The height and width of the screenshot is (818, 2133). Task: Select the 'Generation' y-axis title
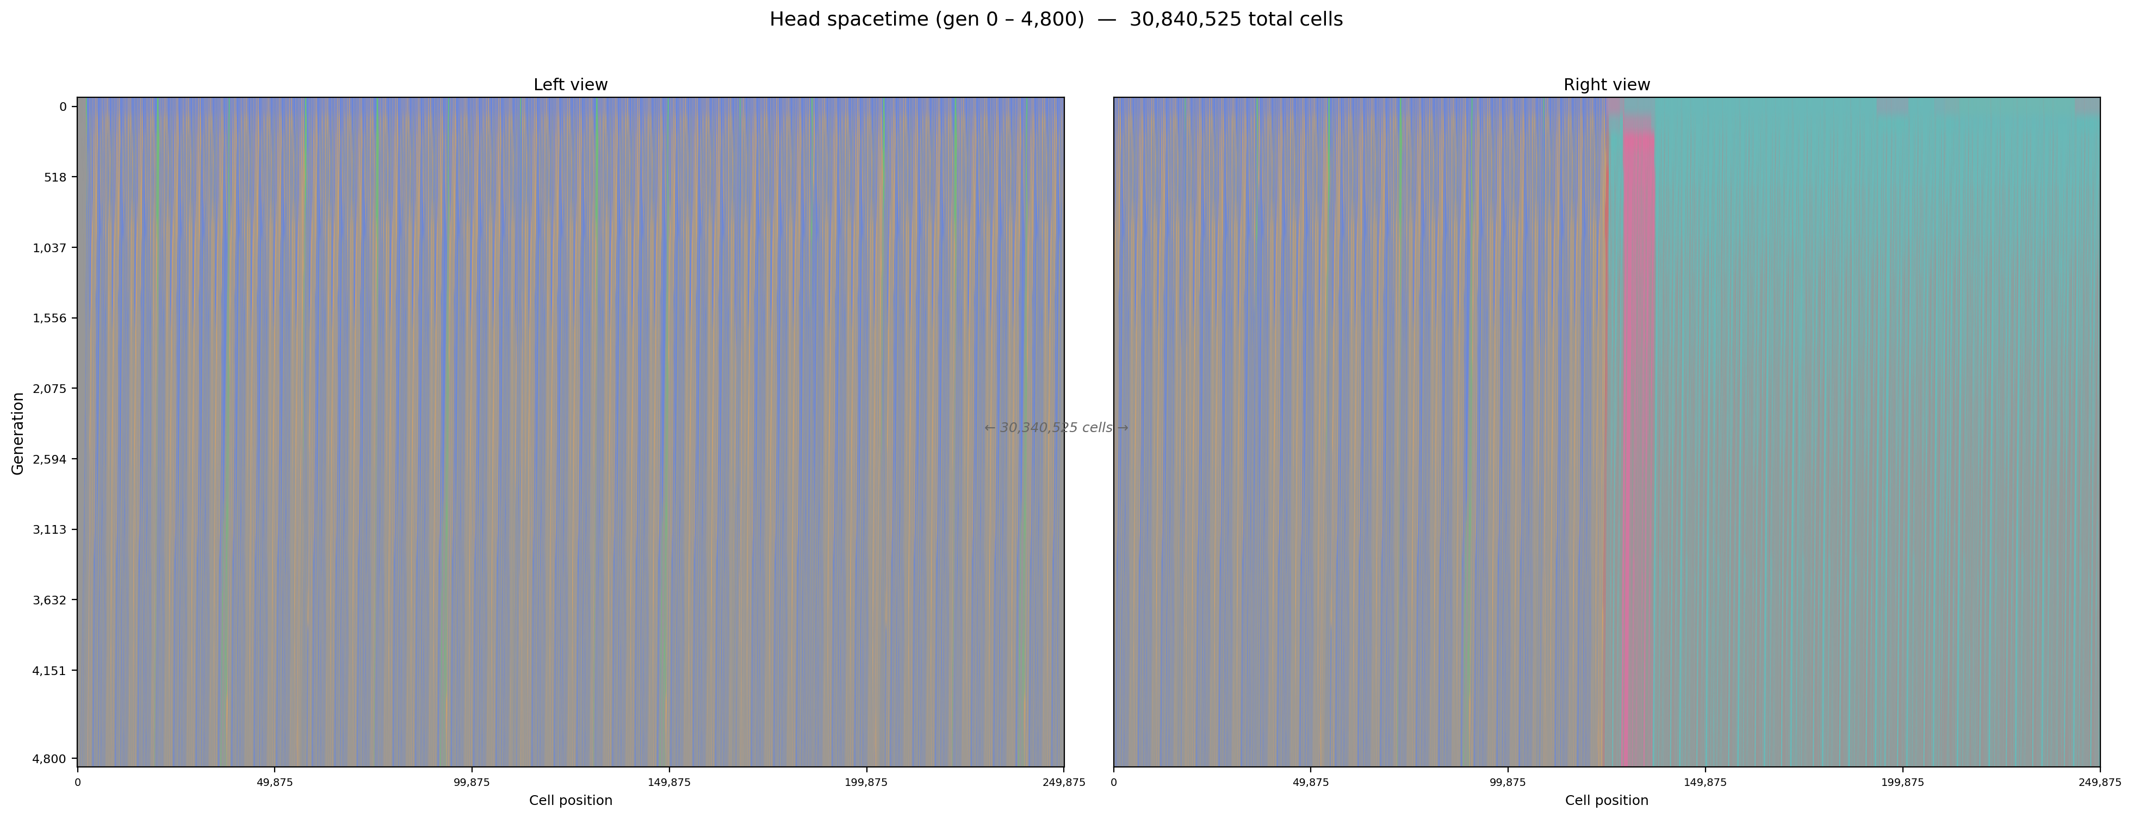pos(17,433)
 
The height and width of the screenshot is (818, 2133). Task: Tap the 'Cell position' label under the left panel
pos(571,800)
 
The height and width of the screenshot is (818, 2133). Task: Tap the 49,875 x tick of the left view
pos(274,782)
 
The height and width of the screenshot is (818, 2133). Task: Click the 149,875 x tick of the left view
pos(669,782)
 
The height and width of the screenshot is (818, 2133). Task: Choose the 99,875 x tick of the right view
pos(1507,782)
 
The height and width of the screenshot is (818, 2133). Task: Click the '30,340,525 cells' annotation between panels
pos(1056,428)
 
